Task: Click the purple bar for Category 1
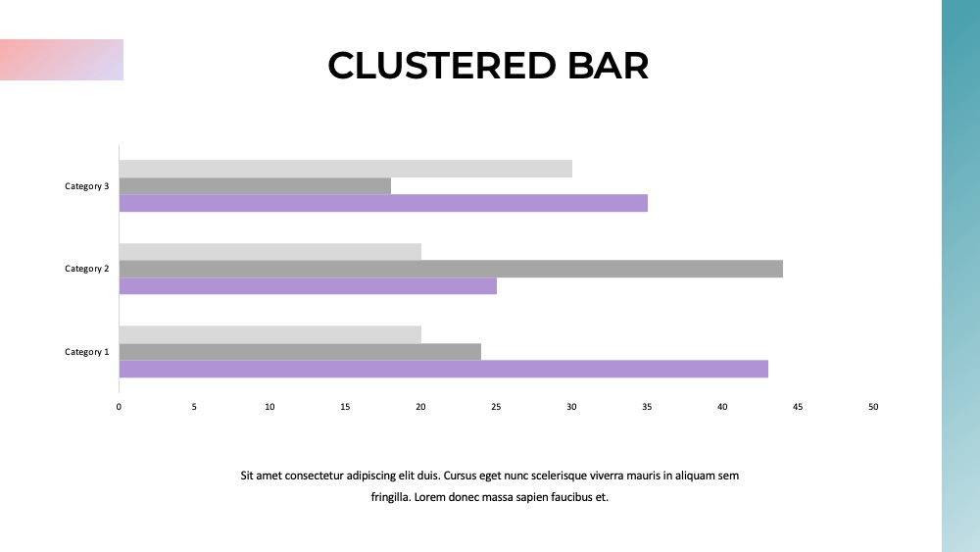[x=444, y=369]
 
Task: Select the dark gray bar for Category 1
[x=300, y=352]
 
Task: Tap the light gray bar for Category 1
[x=270, y=334]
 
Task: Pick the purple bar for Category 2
[x=308, y=286]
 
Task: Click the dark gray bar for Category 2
[x=451, y=269]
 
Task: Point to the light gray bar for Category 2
[x=270, y=252]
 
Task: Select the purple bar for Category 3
[x=383, y=203]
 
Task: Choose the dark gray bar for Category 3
[x=255, y=185]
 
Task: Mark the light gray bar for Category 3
[x=346, y=169]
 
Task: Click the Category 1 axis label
[x=87, y=352]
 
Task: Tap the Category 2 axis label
[x=87, y=269]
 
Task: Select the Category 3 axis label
[x=87, y=186]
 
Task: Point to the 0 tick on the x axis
[x=119, y=407]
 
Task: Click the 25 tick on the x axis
[x=496, y=407]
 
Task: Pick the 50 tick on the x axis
[x=873, y=407]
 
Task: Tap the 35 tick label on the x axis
[x=647, y=407]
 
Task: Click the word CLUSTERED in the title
[x=442, y=66]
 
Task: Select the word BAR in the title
[x=609, y=66]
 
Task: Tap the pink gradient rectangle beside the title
[x=62, y=60]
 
